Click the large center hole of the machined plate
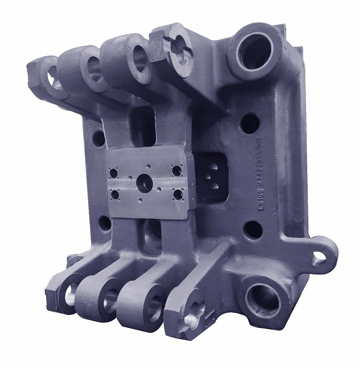pos(145,182)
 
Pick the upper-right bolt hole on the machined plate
pos(176,170)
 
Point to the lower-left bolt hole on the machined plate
pos(114,194)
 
